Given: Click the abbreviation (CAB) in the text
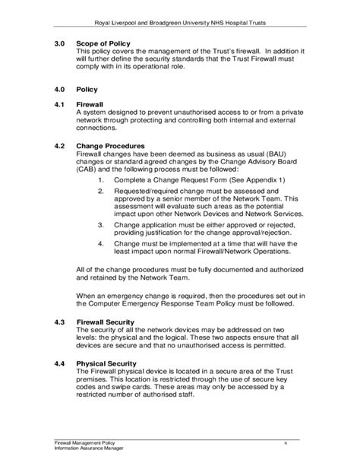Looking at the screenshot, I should (89, 170).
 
